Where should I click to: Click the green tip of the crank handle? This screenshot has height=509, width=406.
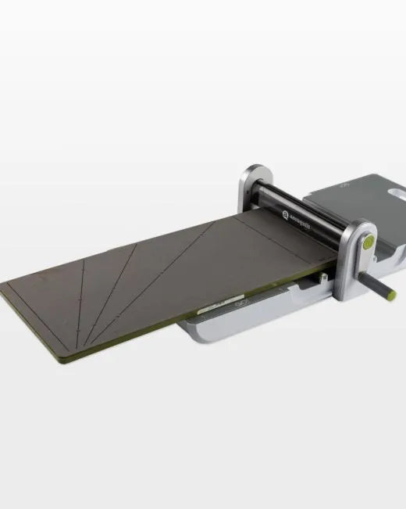[x=391, y=295]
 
